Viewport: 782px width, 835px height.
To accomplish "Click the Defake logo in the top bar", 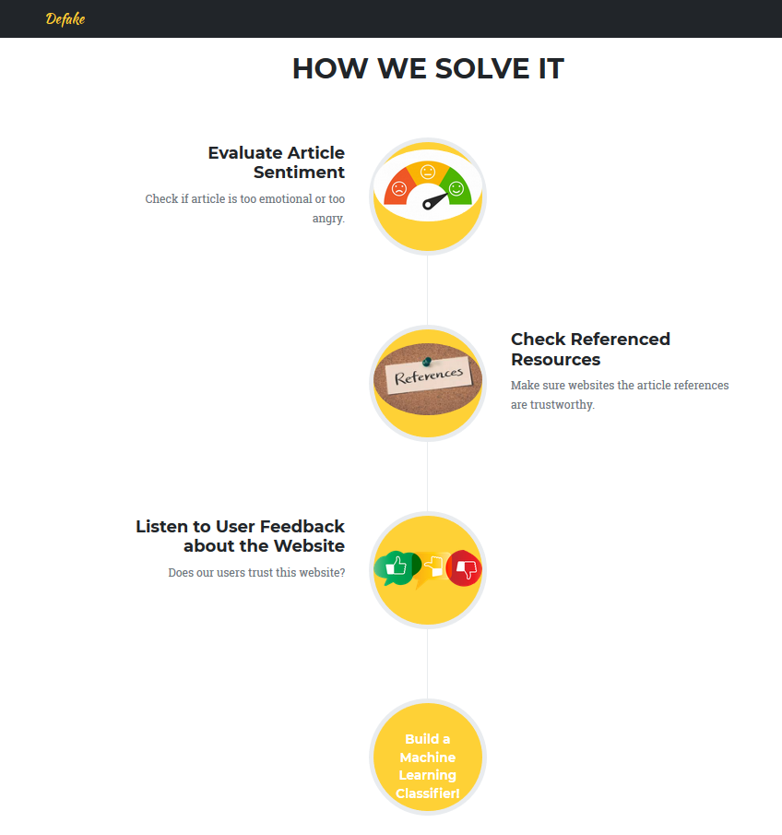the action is pos(65,18).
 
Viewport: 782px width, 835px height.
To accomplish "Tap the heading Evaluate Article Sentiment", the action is pos(276,162).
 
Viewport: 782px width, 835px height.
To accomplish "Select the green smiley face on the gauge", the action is pos(456,188).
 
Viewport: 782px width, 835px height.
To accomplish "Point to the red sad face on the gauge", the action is pos(398,189).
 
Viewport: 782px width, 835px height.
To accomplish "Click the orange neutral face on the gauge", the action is pos(428,173).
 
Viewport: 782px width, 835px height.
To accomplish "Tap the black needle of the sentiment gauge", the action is pos(433,199).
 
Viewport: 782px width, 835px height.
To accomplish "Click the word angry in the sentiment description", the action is pos(328,219).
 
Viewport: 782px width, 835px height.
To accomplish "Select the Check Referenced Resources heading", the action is pos(590,349).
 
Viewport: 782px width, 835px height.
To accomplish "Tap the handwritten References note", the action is pos(430,375).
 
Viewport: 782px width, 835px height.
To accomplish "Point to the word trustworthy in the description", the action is pos(551,405).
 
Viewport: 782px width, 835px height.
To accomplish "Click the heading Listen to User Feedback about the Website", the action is pos(240,536).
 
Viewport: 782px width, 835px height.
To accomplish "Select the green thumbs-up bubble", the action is pos(397,567).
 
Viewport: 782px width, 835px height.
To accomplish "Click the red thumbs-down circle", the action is pos(464,568).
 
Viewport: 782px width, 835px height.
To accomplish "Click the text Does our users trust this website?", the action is pos(256,572).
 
